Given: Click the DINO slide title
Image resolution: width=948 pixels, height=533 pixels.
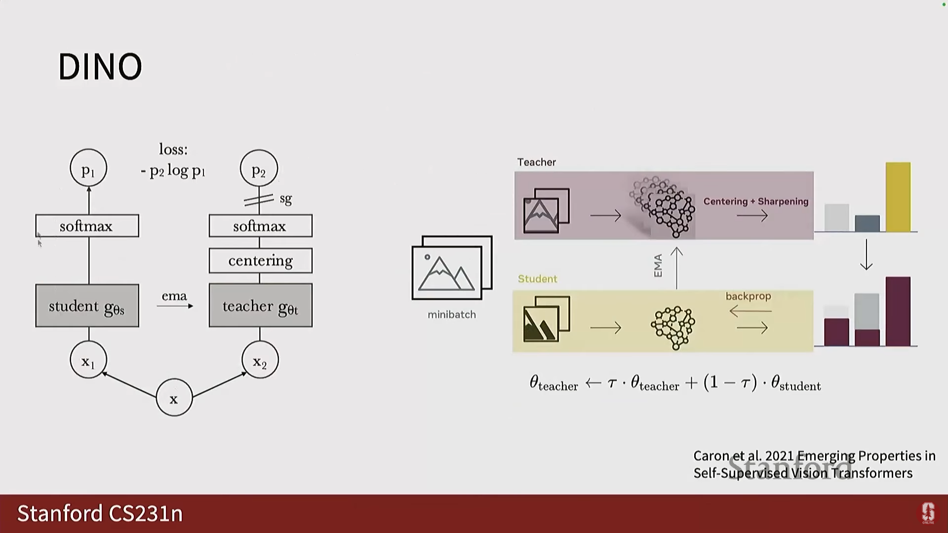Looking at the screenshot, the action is point(100,66).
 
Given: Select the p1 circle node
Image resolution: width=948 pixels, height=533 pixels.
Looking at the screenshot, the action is point(88,168).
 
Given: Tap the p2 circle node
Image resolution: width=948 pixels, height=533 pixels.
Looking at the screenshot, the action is point(259,168).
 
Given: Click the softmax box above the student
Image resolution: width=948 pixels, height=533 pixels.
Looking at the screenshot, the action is point(87,226).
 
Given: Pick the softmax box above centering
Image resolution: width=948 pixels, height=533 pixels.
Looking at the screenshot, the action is point(260,226).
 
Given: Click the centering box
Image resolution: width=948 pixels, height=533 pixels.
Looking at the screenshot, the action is point(260,261).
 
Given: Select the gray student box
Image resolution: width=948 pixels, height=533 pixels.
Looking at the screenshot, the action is point(87,305).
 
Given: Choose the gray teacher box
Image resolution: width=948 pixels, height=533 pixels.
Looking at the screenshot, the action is point(260,305).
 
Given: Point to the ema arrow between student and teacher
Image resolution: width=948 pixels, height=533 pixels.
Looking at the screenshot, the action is point(175,305).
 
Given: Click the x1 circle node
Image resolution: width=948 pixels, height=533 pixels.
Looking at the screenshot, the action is point(88,360).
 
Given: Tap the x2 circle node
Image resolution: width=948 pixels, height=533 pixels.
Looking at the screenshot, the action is point(260,360).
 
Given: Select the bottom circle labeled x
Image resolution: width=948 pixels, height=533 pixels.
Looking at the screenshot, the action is point(174,398).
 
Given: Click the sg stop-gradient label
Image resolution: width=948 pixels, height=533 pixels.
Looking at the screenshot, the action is point(285,198).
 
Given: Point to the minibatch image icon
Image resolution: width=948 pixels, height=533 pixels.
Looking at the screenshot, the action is point(452,267).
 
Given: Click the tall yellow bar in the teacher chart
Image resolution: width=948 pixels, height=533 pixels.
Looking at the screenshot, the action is point(898,197).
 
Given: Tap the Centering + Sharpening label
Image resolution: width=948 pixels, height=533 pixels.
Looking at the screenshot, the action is point(755,201).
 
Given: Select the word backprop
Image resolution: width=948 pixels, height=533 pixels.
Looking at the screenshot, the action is point(748,296).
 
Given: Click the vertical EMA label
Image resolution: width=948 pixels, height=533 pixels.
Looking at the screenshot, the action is point(658,266).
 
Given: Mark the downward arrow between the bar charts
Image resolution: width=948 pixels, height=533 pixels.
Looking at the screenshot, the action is point(866,255).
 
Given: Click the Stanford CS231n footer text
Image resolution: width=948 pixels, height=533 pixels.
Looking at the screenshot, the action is point(100,513).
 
